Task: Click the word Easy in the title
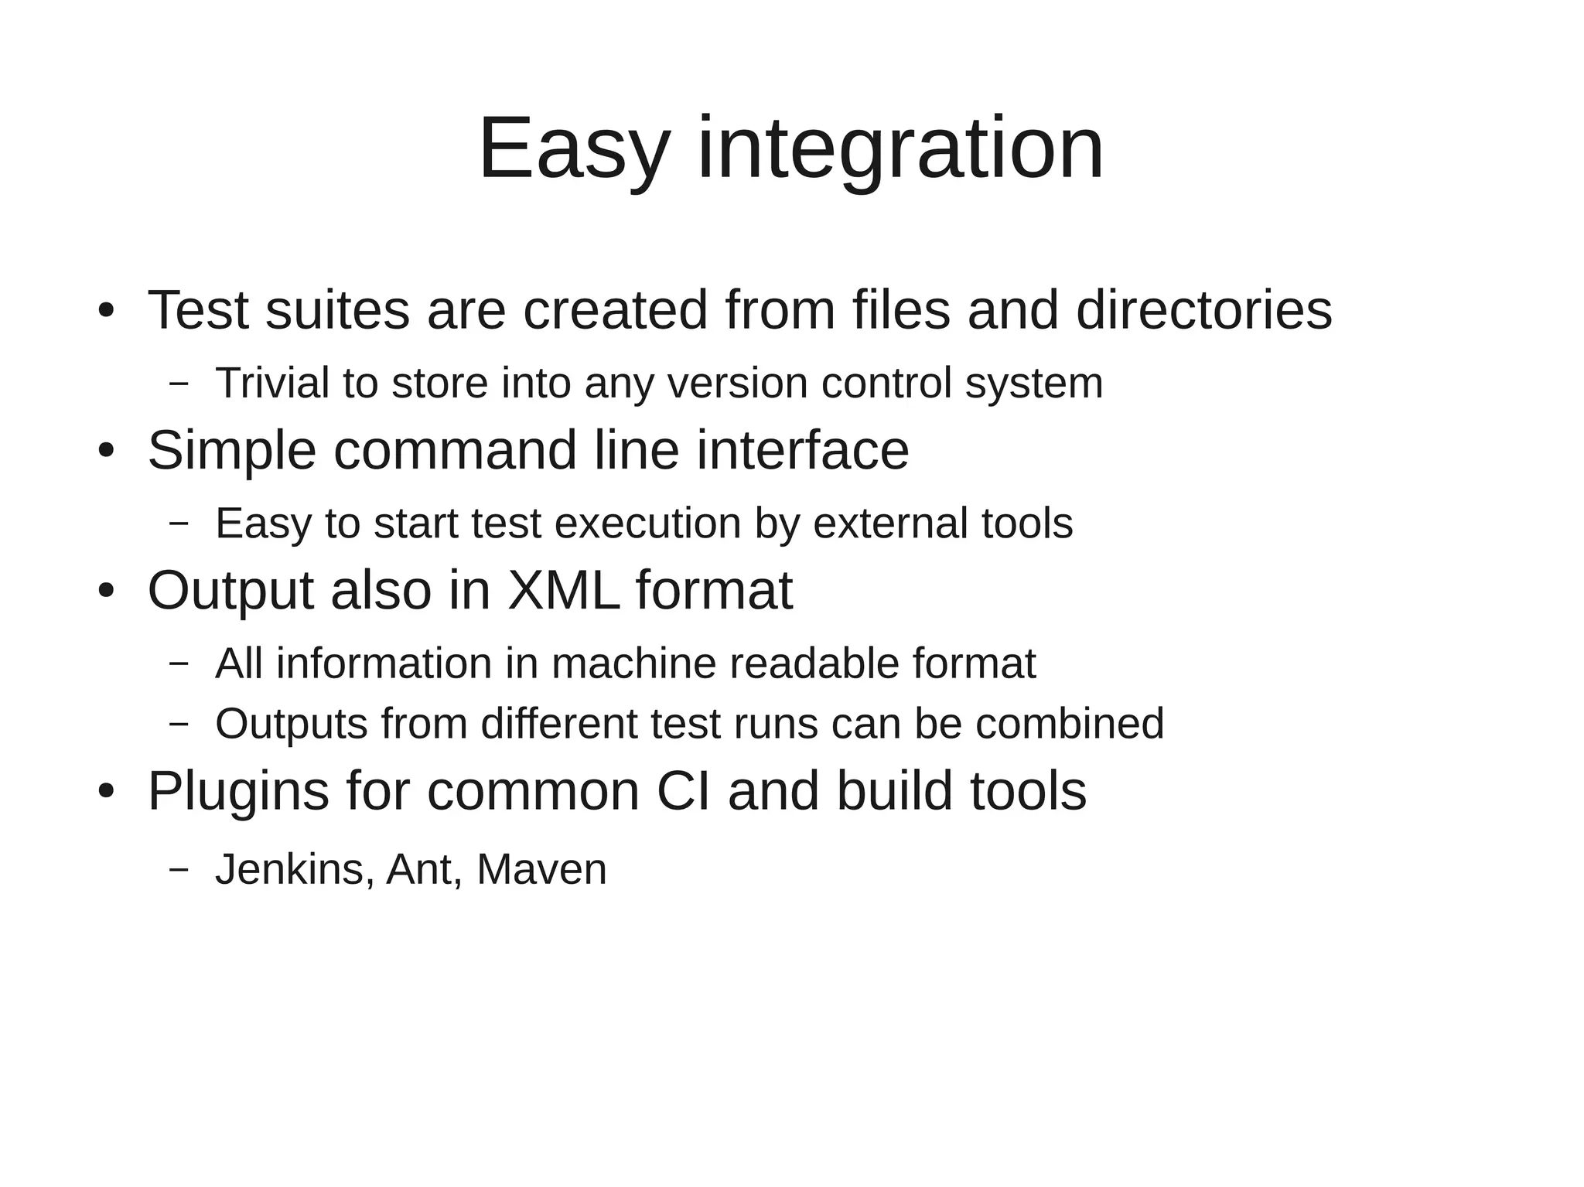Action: [x=573, y=148]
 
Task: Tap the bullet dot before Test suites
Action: [x=106, y=311]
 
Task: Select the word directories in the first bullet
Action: [x=1203, y=310]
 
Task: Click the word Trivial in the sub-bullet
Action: [x=272, y=383]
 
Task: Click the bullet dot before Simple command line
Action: [x=106, y=451]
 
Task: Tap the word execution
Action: [x=647, y=524]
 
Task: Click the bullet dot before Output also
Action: [x=106, y=592]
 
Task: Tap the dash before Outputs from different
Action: [x=179, y=724]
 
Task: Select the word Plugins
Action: [x=238, y=792]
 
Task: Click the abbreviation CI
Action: [x=683, y=792]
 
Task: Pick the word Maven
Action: [x=541, y=869]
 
